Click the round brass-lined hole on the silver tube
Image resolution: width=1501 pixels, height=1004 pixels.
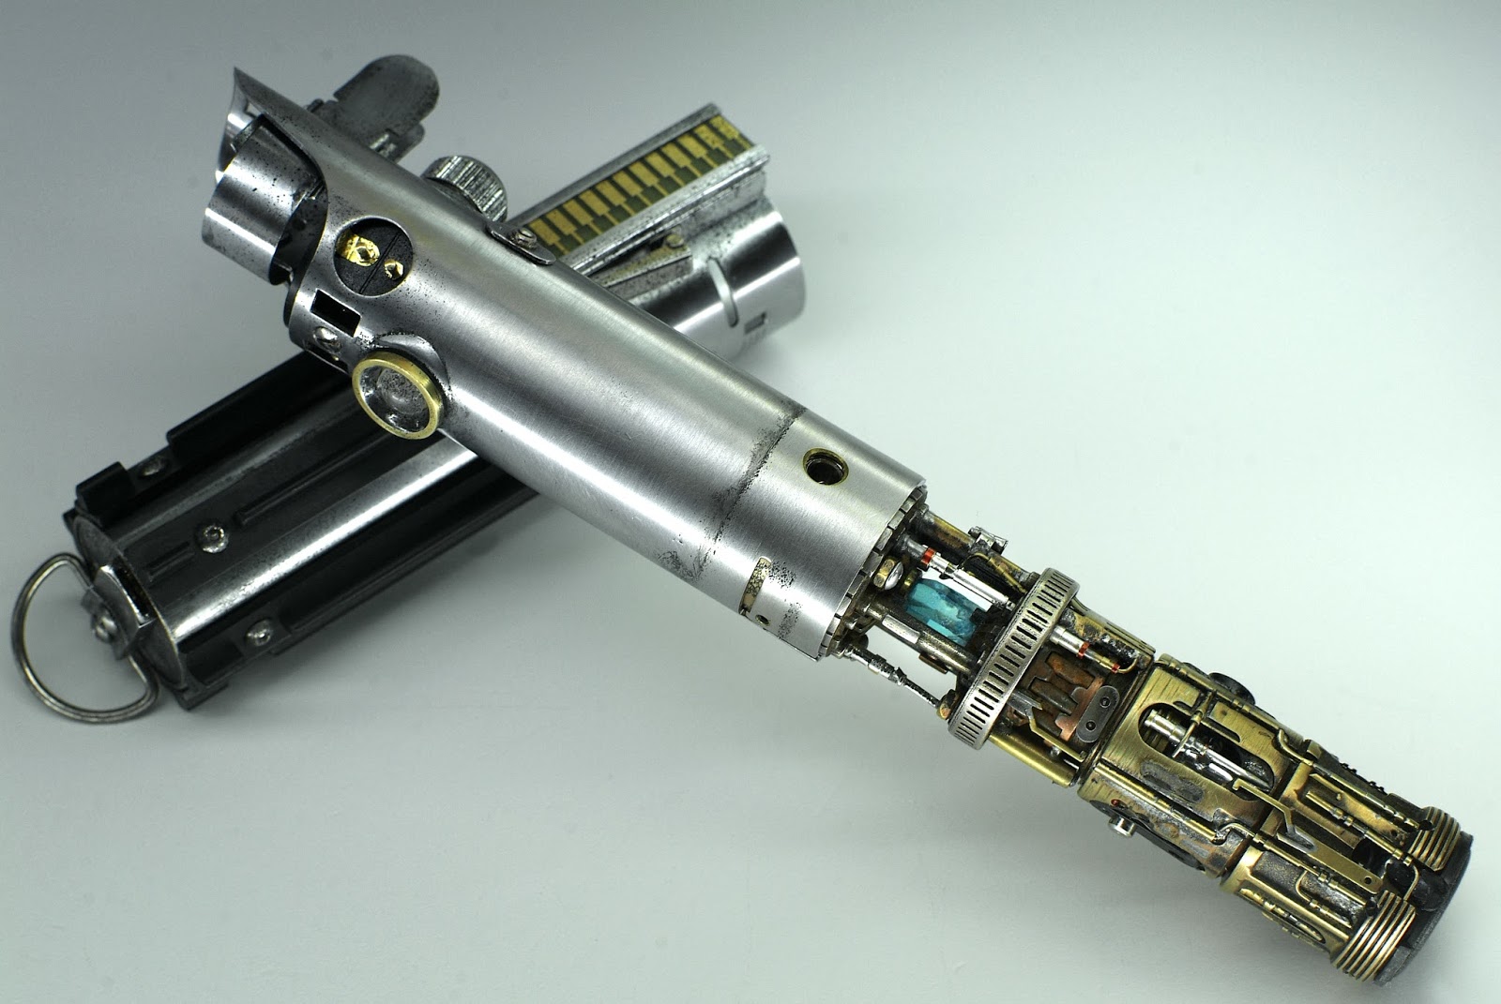(x=825, y=462)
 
